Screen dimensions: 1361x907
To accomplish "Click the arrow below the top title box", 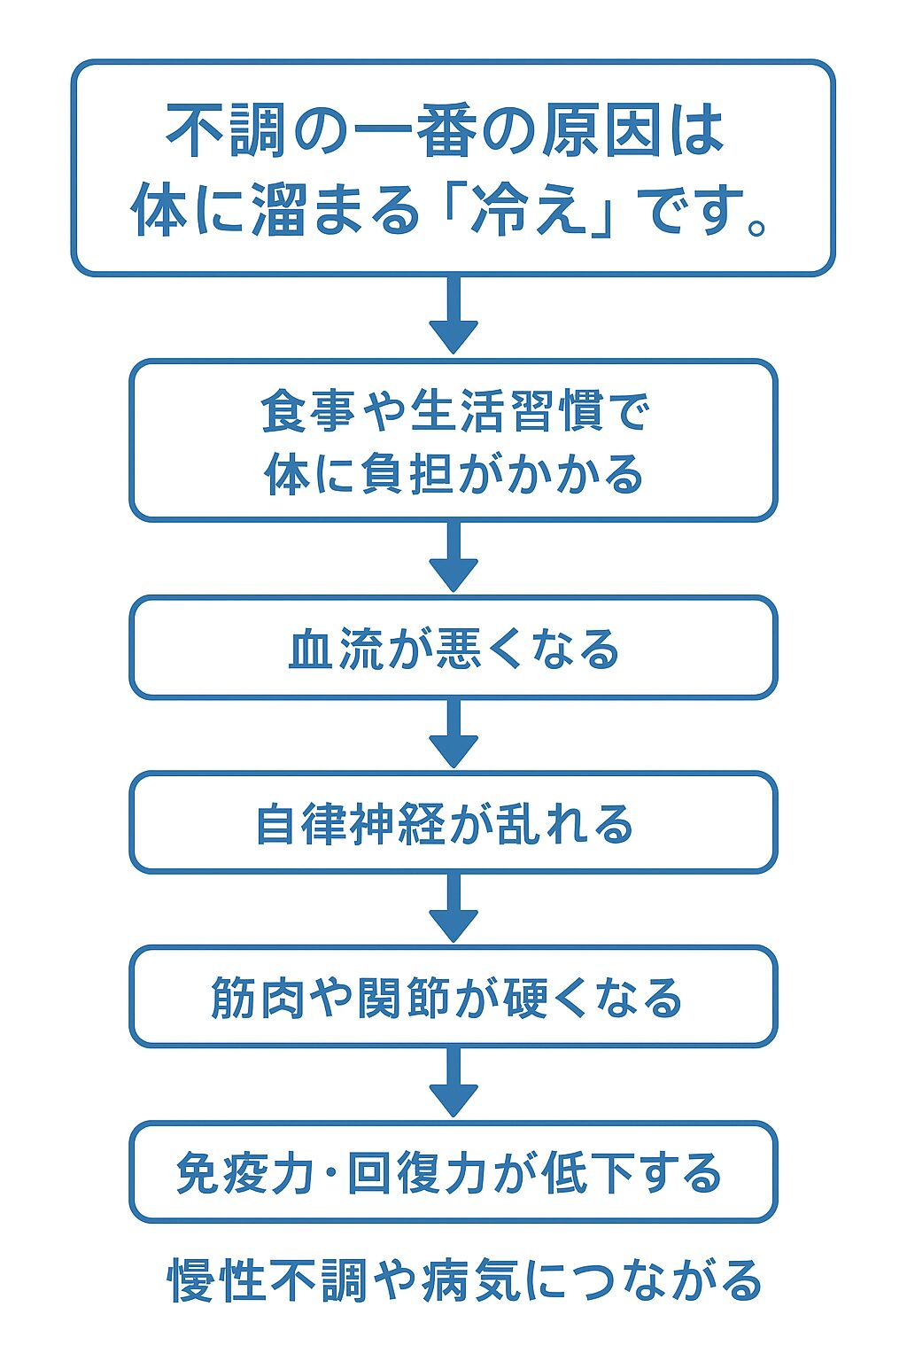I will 453,315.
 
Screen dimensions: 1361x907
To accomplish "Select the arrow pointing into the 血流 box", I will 453,556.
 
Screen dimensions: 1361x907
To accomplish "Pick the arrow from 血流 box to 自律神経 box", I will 453,733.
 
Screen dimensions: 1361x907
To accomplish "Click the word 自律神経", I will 350,824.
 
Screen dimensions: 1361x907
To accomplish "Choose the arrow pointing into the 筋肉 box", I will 453,907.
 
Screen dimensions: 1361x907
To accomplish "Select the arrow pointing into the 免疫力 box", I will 453,1081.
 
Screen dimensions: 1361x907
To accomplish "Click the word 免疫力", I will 244,1173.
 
